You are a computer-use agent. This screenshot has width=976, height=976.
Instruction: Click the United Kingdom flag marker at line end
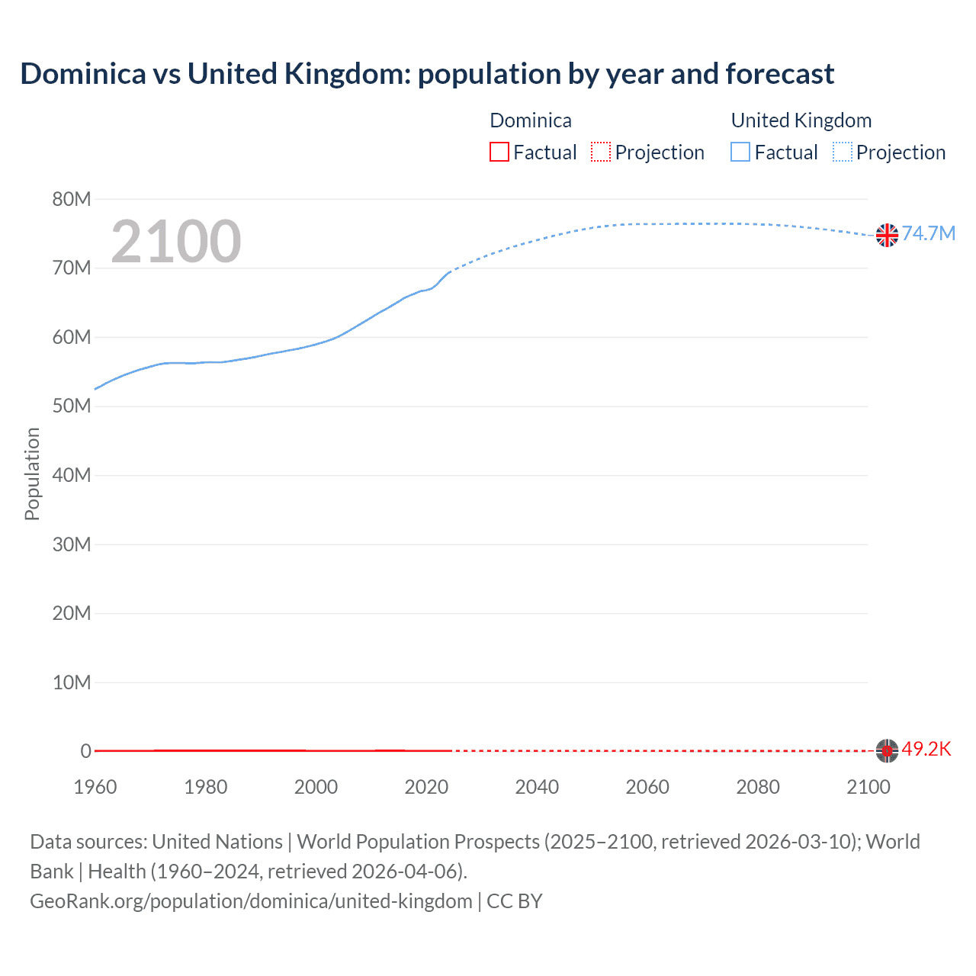click(887, 235)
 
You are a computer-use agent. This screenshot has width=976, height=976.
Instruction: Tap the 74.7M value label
click(928, 233)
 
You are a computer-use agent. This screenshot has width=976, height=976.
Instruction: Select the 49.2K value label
click(926, 749)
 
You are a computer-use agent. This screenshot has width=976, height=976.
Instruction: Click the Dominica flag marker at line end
click(887, 750)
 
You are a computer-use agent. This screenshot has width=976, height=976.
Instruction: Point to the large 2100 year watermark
click(176, 242)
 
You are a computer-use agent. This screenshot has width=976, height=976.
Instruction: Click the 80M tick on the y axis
click(72, 200)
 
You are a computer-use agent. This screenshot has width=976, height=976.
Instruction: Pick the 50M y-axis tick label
click(72, 406)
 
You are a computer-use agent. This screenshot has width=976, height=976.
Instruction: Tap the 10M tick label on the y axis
click(72, 682)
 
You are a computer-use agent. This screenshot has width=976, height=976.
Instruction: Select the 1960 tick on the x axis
click(95, 787)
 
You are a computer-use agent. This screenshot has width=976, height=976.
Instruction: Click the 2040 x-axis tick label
click(537, 787)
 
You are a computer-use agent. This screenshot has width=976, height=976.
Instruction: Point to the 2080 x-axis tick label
click(758, 787)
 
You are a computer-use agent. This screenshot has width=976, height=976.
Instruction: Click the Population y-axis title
click(32, 474)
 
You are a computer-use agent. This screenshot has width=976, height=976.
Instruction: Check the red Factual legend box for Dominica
click(499, 152)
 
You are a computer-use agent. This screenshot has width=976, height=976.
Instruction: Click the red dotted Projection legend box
click(601, 152)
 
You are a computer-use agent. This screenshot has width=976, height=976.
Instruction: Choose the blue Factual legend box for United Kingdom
click(740, 152)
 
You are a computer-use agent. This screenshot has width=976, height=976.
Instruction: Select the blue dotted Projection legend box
click(842, 152)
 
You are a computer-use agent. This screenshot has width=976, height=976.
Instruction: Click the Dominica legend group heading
click(531, 120)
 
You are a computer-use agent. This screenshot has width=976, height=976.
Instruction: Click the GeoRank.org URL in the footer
click(251, 901)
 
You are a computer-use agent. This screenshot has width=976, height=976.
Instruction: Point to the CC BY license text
click(515, 901)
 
